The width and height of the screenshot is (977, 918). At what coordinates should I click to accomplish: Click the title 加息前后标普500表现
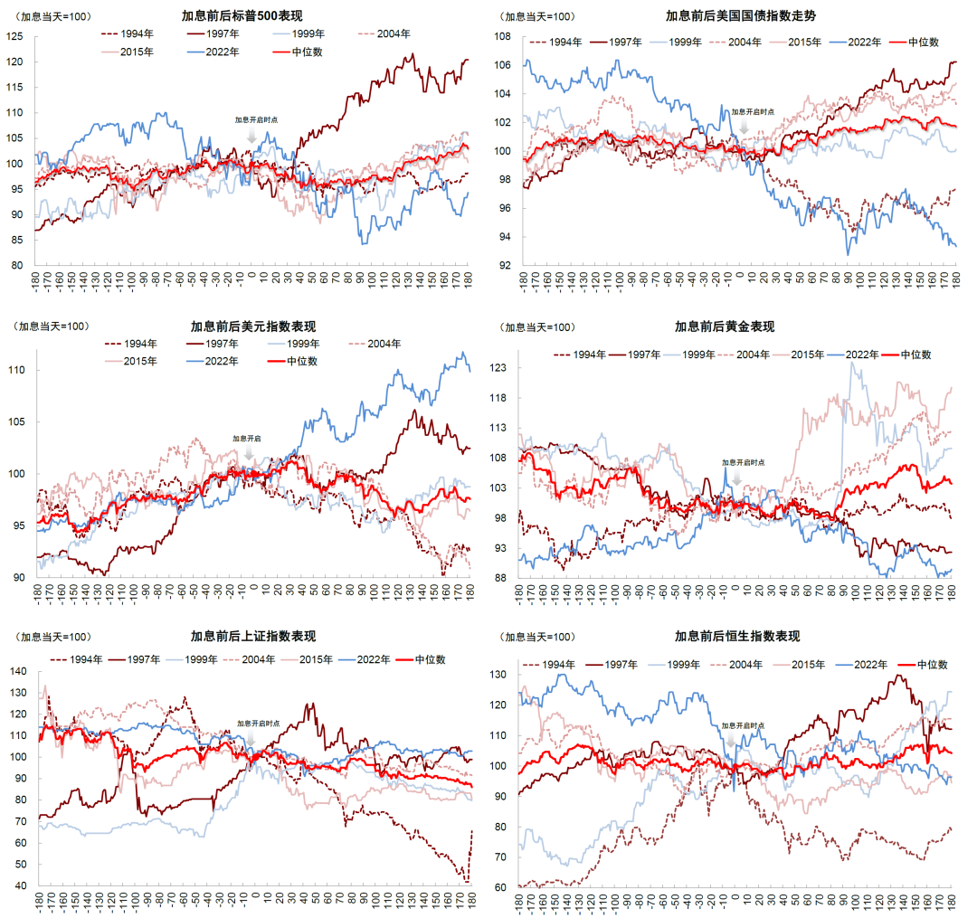point(242,15)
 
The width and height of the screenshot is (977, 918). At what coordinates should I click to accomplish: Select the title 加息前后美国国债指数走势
point(741,15)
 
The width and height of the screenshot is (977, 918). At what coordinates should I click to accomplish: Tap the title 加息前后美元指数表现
point(253,327)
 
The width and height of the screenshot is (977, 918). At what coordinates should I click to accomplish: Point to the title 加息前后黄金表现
point(725,327)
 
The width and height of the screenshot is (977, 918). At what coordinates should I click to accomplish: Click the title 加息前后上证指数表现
point(253,636)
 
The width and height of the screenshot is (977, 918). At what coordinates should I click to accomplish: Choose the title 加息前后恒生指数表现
point(737,636)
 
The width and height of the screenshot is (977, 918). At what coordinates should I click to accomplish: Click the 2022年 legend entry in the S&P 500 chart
point(213,52)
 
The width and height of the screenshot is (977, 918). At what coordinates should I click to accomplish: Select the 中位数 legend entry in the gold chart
point(907,355)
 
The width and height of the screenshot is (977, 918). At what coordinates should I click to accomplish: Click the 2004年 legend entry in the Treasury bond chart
point(735,42)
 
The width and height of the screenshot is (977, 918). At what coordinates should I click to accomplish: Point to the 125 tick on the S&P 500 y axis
point(14,36)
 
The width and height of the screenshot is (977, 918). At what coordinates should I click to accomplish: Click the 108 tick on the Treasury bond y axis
point(502,36)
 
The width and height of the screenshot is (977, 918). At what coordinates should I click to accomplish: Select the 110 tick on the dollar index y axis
point(17,369)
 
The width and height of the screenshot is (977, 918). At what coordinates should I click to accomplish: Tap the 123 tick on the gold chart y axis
point(498,367)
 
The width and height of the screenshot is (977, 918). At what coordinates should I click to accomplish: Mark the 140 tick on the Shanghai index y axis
point(19,671)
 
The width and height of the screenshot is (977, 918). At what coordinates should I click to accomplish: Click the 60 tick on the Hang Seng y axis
point(499,887)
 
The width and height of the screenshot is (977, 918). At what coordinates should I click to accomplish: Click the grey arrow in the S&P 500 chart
point(251,135)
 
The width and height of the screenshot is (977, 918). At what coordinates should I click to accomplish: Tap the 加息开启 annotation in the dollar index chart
point(247,439)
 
